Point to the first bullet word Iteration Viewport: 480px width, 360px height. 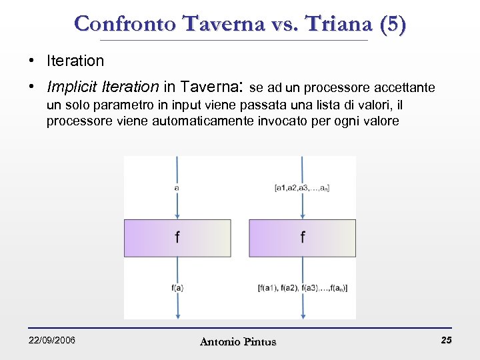[75, 61]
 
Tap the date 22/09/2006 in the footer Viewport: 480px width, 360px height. [52, 341]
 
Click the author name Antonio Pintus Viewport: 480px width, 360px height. [238, 342]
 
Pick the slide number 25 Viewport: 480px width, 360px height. [446, 341]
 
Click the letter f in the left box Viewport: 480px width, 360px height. [177, 237]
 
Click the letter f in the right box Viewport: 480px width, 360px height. [303, 237]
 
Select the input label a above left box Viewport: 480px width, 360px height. [176, 188]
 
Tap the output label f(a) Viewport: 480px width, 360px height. [177, 288]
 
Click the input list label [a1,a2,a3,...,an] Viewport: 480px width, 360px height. [302, 188]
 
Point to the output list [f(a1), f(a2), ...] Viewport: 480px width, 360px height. [303, 288]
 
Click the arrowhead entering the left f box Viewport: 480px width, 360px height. [177, 215]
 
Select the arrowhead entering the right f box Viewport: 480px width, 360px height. [303, 215]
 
